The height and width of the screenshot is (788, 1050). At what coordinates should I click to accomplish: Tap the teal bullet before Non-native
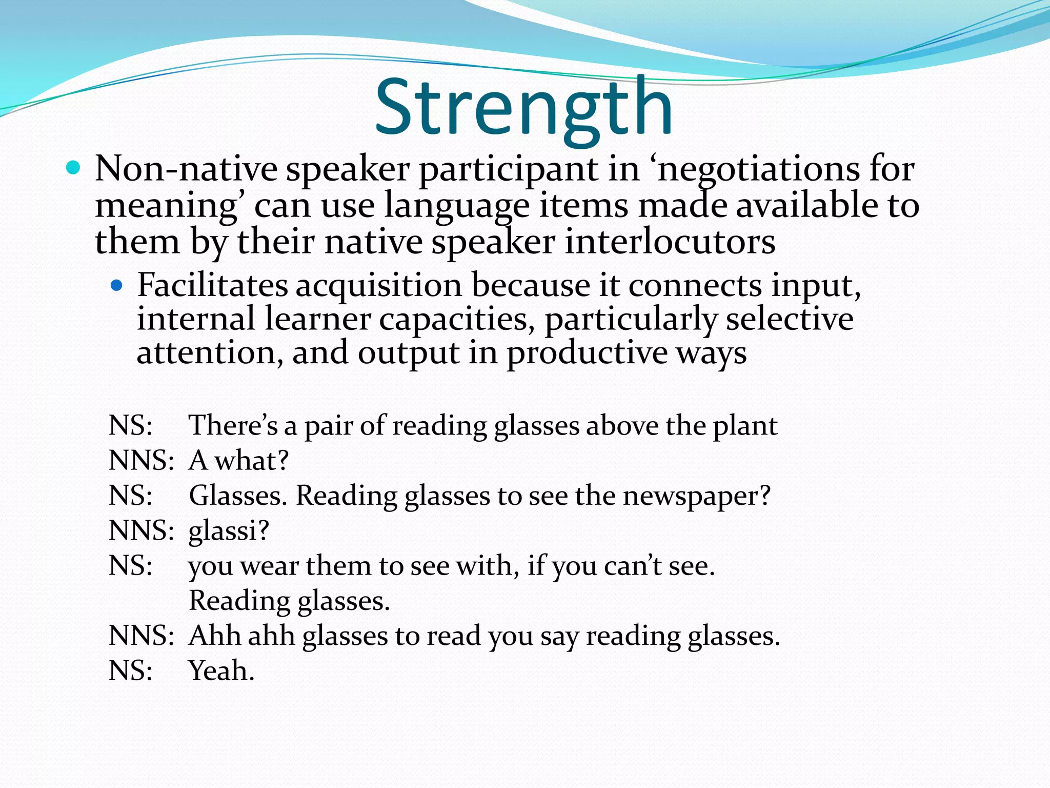pyautogui.click(x=74, y=168)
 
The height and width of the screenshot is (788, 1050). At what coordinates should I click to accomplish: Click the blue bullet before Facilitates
pyautogui.click(x=117, y=285)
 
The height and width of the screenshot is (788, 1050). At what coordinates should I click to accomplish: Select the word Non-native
pyautogui.click(x=186, y=169)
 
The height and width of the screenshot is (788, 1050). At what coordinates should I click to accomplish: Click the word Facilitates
pyautogui.click(x=212, y=285)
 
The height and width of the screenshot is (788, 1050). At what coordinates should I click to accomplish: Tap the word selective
pyautogui.click(x=790, y=319)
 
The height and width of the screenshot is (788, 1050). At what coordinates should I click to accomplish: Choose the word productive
pyautogui.click(x=587, y=354)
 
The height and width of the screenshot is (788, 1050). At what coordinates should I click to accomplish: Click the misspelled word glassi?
pyautogui.click(x=229, y=531)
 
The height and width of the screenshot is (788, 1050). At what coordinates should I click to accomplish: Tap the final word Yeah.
pyautogui.click(x=221, y=671)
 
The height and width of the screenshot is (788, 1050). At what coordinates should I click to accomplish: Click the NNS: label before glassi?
pyautogui.click(x=142, y=530)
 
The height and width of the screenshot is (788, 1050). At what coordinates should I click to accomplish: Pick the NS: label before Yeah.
pyautogui.click(x=131, y=671)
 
